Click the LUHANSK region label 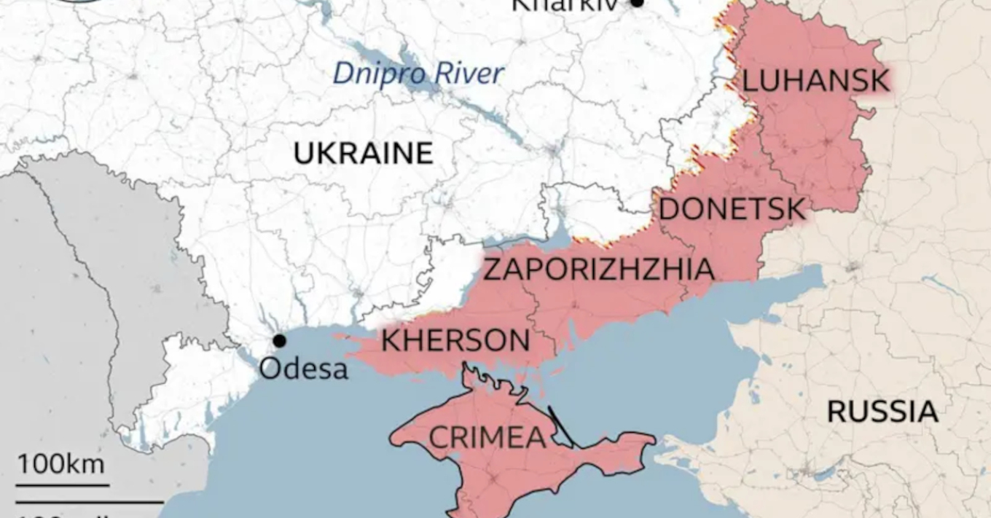pyautogui.click(x=815, y=81)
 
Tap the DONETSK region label pyautogui.click(x=732, y=210)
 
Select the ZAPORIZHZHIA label pyautogui.click(x=598, y=269)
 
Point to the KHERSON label pyautogui.click(x=455, y=340)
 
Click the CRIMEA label pyautogui.click(x=487, y=438)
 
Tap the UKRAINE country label pyautogui.click(x=363, y=154)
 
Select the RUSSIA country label pyautogui.click(x=882, y=412)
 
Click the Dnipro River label pyautogui.click(x=418, y=74)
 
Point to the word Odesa pyautogui.click(x=303, y=369)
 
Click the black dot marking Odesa pyautogui.click(x=279, y=340)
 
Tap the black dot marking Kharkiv pyautogui.click(x=637, y=3)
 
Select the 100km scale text pyautogui.click(x=61, y=464)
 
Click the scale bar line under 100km pyautogui.click(x=62, y=484)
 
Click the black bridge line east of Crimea pyautogui.click(x=561, y=426)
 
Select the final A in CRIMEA pyautogui.click(x=535, y=438)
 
